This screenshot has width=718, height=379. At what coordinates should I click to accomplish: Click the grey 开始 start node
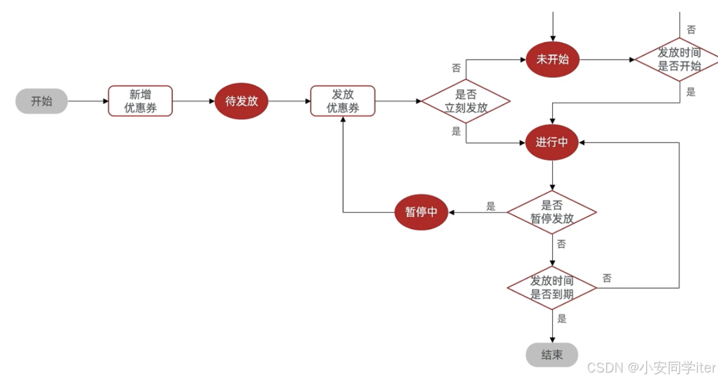click(41, 101)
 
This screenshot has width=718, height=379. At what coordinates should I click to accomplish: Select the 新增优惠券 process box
click(141, 101)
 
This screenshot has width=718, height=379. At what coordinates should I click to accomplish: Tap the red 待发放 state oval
click(241, 101)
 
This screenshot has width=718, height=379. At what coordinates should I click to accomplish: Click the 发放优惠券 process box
click(343, 101)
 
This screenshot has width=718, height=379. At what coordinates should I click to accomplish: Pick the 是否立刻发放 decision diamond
click(466, 101)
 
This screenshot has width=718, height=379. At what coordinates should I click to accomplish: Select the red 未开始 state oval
click(552, 60)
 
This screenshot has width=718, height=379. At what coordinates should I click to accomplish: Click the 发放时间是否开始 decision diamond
click(679, 60)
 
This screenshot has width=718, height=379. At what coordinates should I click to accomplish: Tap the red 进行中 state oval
click(552, 142)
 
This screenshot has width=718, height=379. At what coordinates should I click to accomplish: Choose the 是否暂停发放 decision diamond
click(552, 212)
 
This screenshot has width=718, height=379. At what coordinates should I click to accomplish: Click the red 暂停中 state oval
click(421, 212)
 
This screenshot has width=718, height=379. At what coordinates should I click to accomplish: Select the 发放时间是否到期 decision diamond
click(552, 288)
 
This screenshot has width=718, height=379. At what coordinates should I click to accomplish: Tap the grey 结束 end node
click(552, 355)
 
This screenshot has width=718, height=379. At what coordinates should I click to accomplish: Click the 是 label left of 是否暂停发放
click(491, 206)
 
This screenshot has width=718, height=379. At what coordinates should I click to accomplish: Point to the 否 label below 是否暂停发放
click(561, 244)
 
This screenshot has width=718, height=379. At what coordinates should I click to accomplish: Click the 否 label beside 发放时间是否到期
click(607, 278)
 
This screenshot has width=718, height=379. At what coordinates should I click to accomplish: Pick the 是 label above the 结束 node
click(562, 319)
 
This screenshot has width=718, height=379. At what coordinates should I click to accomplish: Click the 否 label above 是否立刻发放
click(456, 68)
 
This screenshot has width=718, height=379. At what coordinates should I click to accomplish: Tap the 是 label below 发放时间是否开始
click(691, 92)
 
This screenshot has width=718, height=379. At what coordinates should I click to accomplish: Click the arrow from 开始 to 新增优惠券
click(87, 101)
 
